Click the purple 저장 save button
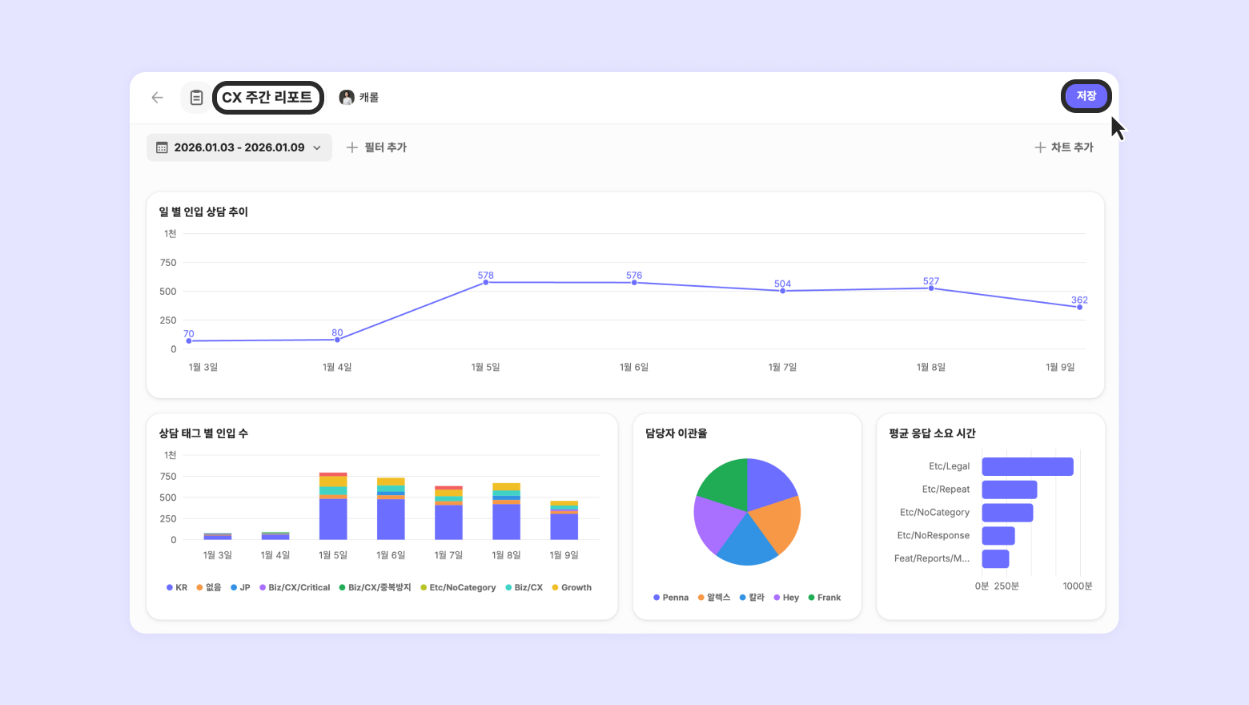click(x=1086, y=96)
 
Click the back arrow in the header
click(x=157, y=98)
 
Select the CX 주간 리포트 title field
click(x=267, y=98)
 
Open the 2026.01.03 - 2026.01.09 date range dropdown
click(x=239, y=147)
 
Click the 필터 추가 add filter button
click(x=376, y=147)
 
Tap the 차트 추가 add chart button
click(x=1064, y=147)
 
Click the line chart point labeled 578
click(x=486, y=282)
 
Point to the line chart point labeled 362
click(x=1079, y=308)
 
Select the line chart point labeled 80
click(x=337, y=340)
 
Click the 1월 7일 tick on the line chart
click(x=782, y=367)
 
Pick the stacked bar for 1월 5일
click(x=333, y=506)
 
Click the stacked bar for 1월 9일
click(x=564, y=521)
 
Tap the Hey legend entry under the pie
click(x=786, y=598)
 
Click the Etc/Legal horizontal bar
click(x=1028, y=466)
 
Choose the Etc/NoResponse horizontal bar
click(x=998, y=535)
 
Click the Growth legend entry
click(x=572, y=587)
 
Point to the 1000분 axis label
click(x=1078, y=586)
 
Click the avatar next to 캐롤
click(x=347, y=98)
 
